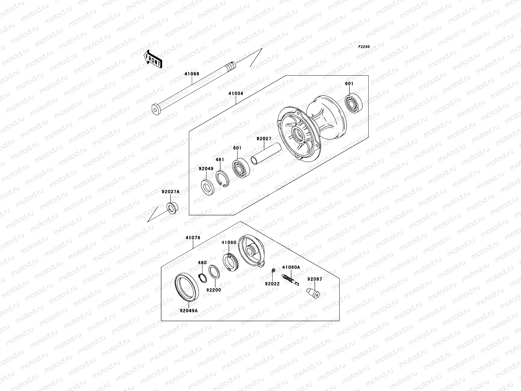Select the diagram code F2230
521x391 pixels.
[x=364, y=47]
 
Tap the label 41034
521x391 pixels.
[x=236, y=94]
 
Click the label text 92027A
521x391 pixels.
[x=170, y=192]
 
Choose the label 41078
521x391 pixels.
[x=193, y=238]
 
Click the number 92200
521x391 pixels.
[x=213, y=290]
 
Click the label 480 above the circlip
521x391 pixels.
[x=202, y=263]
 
